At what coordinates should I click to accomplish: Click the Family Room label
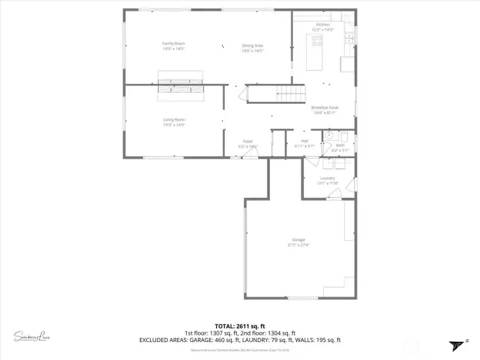pos(173,44)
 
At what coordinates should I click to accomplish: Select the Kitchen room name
pos(323,25)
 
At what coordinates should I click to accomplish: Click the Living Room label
pos(174,120)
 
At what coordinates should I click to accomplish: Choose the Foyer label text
pos(247,141)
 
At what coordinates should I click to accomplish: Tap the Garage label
pos(298,240)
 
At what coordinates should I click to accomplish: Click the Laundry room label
pos(327,179)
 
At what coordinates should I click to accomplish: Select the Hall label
pos(305,141)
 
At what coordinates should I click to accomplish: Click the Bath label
pos(340,145)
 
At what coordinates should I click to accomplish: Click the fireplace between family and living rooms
pos(179,85)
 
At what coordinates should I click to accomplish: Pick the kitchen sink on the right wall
pos(349,40)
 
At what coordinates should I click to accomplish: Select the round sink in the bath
pos(327,135)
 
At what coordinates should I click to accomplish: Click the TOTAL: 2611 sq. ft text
pos(239,326)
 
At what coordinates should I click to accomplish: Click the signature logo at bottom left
pos(32,336)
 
